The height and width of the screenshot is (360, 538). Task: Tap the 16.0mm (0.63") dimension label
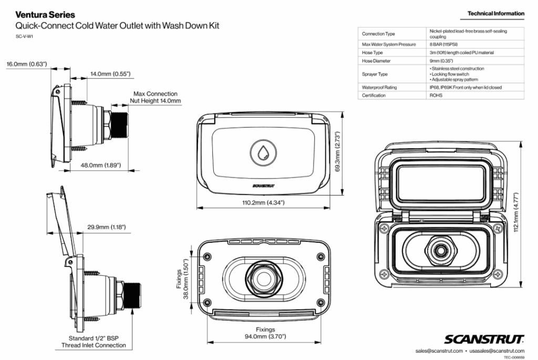pos(27,65)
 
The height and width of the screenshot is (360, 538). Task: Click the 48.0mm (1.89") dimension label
pos(101,166)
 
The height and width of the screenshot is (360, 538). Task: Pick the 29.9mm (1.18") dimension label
pos(106,227)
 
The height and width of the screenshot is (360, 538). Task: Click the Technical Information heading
pos(495,13)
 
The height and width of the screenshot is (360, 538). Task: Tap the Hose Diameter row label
pos(377,61)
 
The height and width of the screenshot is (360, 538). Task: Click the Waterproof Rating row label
pos(379,87)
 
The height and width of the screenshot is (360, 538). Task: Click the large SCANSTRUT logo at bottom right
pos(484,338)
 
